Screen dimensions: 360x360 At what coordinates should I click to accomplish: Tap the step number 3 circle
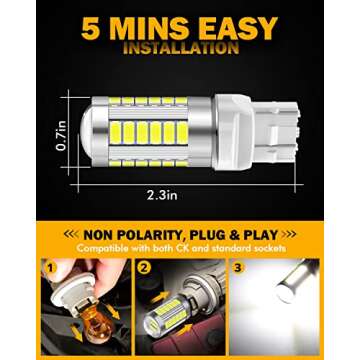[x=237, y=268]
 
